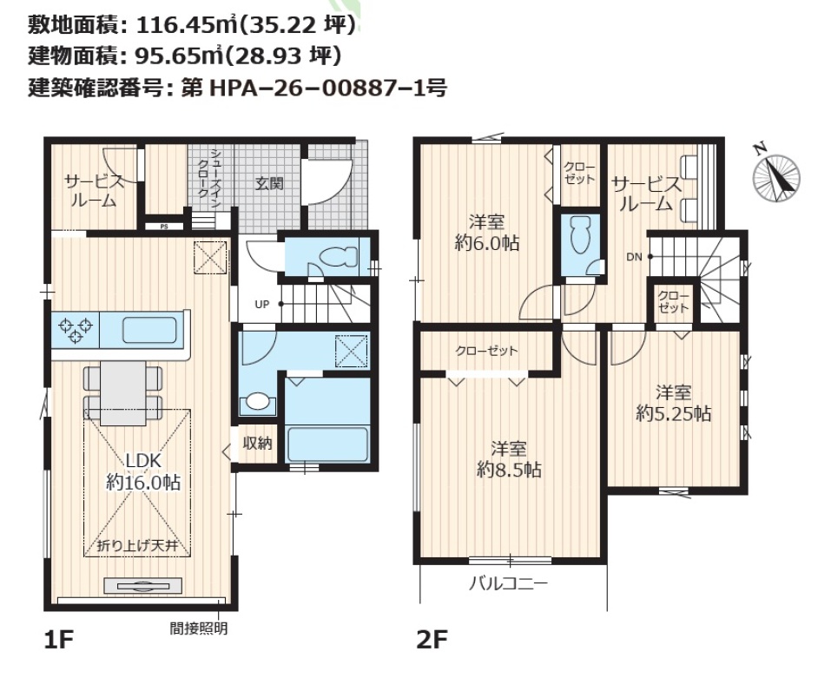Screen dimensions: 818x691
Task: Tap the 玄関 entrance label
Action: click(x=269, y=183)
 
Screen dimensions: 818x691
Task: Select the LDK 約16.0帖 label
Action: click(x=143, y=471)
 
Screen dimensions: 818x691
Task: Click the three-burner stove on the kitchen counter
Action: click(x=76, y=328)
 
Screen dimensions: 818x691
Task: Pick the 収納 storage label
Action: click(x=257, y=444)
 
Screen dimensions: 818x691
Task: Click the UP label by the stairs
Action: click(x=262, y=304)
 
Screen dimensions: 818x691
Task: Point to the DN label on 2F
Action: click(x=634, y=257)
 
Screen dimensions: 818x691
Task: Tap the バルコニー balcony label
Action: click(x=508, y=582)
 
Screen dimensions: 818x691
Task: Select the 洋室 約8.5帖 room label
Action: click(x=509, y=459)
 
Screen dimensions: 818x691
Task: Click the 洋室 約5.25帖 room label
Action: click(x=673, y=403)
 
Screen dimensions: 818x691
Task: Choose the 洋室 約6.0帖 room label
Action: click(x=487, y=233)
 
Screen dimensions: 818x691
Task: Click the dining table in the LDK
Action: click(x=123, y=392)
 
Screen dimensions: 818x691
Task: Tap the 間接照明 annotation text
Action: click(x=199, y=628)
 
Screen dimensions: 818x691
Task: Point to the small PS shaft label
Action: click(x=164, y=227)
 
